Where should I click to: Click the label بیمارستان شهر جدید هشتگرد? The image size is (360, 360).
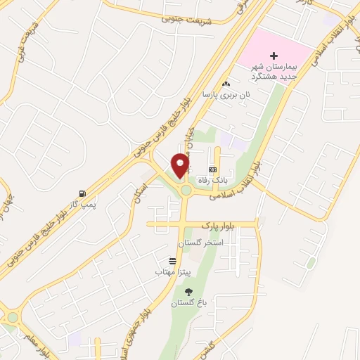[275, 68]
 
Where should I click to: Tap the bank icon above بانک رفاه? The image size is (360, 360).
[212, 170]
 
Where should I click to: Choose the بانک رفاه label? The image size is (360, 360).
[212, 180]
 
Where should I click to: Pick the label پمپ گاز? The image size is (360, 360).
[83, 203]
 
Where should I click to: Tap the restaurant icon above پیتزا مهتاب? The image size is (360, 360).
[163, 260]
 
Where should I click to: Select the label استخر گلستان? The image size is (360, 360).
[200, 242]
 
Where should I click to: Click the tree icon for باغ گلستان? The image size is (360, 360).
[188, 291]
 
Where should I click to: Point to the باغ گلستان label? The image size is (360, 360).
[186, 303]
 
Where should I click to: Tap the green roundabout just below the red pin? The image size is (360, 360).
[186, 190]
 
